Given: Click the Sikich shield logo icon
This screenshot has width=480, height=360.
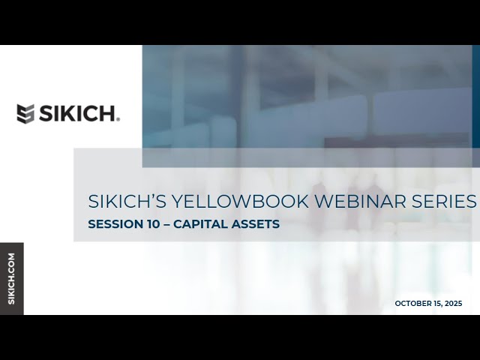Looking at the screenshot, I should pyautogui.click(x=25, y=114).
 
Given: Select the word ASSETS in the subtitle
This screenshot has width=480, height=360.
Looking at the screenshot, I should pyautogui.click(x=257, y=223).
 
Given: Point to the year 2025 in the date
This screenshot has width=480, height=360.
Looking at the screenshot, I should pyautogui.click(x=452, y=304).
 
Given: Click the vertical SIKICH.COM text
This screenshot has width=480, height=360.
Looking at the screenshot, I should pyautogui.click(x=11, y=278).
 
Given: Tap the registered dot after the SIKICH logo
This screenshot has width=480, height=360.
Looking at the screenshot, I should pyautogui.click(x=118, y=119).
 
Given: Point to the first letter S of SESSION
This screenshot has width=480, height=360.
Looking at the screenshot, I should pyautogui.click(x=91, y=223).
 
